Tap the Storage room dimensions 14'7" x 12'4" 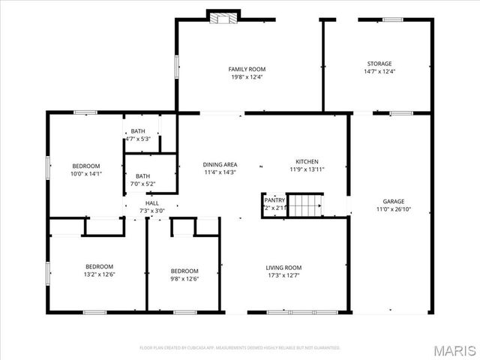click(379, 71)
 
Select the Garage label click(394, 201)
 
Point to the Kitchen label click(307, 161)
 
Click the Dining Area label click(220, 164)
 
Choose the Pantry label click(274, 200)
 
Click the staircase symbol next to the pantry click(305, 204)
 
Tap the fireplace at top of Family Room click(222, 17)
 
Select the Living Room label click(283, 268)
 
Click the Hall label click(152, 203)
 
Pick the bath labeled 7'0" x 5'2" click(142, 176)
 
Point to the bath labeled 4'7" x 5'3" click(138, 131)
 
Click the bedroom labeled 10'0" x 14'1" click(86, 166)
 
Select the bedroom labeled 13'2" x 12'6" click(99, 267)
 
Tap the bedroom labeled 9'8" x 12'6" click(184, 271)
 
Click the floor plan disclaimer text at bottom click(240, 348)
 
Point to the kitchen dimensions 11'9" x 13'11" click(307, 169)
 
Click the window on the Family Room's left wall click(176, 65)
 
